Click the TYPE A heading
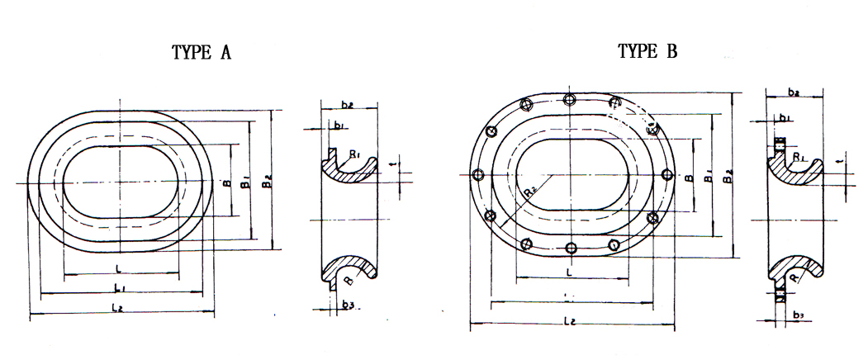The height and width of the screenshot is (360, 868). (x=202, y=54)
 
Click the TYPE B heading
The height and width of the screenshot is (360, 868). (x=647, y=52)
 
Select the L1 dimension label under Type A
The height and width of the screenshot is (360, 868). (x=120, y=287)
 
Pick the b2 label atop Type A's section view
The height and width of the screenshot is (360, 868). (x=347, y=105)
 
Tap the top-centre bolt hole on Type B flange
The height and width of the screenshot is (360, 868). (x=569, y=100)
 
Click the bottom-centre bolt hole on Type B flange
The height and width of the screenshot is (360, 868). (x=571, y=247)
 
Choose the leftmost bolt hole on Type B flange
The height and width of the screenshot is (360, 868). (x=477, y=174)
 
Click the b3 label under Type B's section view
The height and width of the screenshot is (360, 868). (x=797, y=315)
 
